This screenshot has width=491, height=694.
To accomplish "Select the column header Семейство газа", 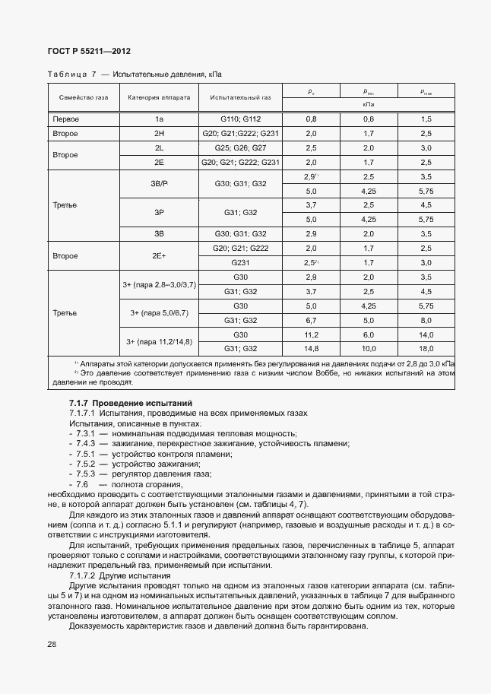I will tap(79, 98).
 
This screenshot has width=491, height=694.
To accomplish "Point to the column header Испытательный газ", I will tap(240, 98).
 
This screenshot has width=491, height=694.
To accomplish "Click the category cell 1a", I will tap(159, 119).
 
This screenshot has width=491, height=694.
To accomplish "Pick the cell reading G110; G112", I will tap(241, 119).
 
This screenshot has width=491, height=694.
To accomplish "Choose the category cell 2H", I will tap(159, 133).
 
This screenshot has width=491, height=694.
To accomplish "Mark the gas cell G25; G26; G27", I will tap(241, 147).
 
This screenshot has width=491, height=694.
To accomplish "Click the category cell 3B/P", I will tap(159, 184).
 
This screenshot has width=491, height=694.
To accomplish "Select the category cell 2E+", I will tap(159, 255).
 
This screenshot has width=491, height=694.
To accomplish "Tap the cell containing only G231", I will tap(241, 263).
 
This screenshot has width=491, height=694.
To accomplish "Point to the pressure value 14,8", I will tap(311, 349).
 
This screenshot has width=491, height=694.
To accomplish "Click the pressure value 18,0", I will tap(426, 349).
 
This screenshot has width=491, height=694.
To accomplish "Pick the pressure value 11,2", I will tap(311, 334).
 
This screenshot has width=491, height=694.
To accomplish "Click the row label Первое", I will tap(66, 119).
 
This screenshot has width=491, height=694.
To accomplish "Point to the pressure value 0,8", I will tap(311, 119).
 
